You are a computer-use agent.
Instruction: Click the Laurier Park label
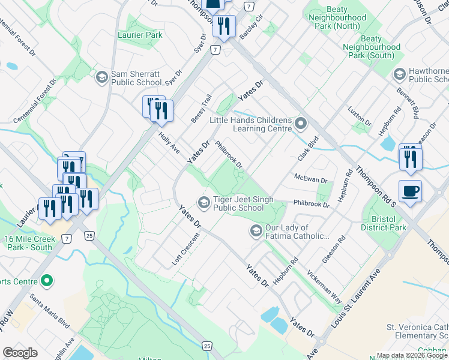coord(140,35)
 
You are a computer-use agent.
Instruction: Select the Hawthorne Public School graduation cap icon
coord(399,74)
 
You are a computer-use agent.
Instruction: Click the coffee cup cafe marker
coord(410,191)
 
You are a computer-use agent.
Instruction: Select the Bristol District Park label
coord(384,223)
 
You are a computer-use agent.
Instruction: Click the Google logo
coord(20,353)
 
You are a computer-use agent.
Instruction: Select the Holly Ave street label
coord(169,143)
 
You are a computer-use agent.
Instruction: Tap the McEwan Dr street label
coord(310,179)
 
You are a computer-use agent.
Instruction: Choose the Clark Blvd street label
coord(307,148)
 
